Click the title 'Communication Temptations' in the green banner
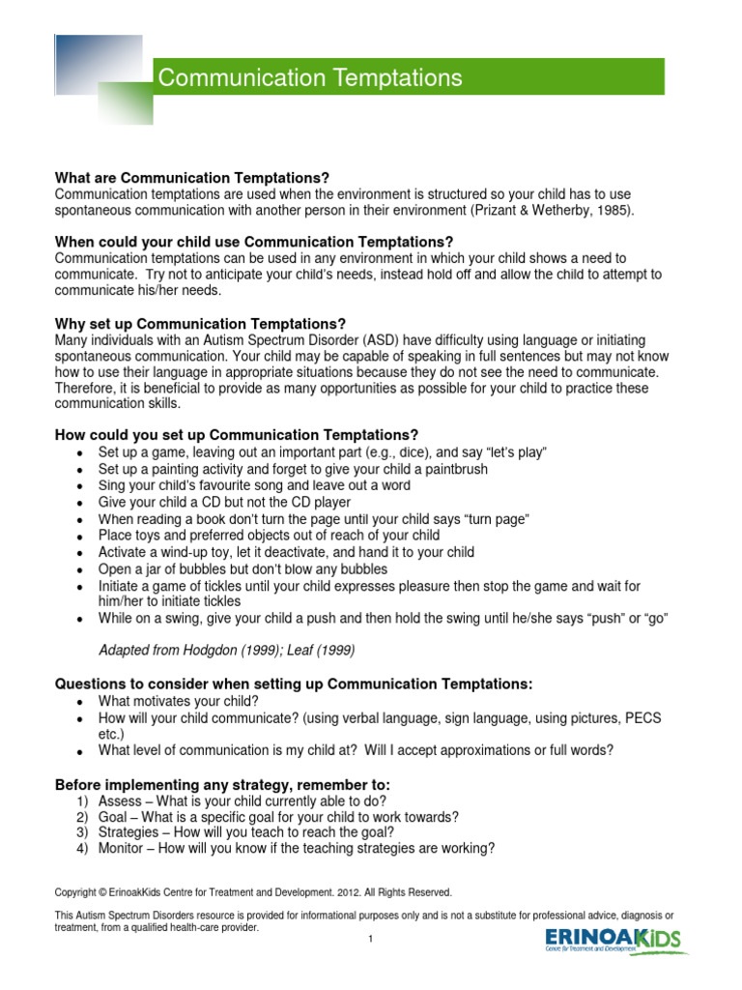[x=310, y=78]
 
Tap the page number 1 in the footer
[x=370, y=939]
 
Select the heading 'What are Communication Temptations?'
[x=192, y=178]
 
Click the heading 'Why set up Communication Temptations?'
[x=200, y=323]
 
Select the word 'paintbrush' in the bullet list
[x=455, y=469]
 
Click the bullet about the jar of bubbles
[x=243, y=568]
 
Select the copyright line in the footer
[x=253, y=892]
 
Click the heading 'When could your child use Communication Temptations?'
[x=254, y=242]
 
